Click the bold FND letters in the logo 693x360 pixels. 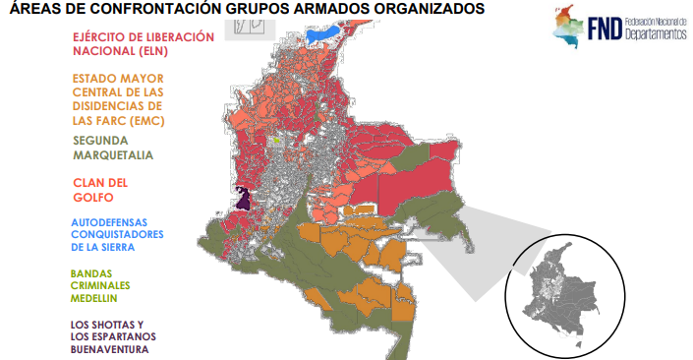point(599,30)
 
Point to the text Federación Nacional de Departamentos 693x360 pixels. point(656,30)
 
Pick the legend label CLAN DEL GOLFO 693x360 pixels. point(101,190)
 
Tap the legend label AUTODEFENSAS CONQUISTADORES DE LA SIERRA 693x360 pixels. point(118,234)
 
